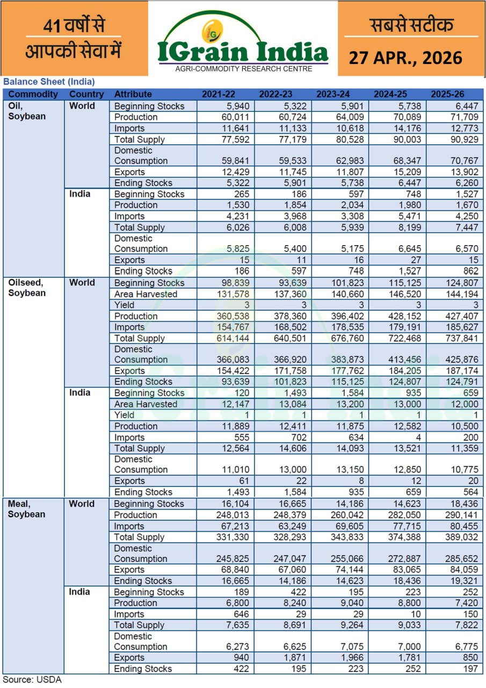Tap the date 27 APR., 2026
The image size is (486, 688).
(x=405, y=58)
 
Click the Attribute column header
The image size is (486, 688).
(x=133, y=94)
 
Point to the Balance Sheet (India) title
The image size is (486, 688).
(x=49, y=82)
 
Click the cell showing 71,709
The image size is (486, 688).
(x=463, y=117)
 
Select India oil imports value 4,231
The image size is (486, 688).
(x=236, y=216)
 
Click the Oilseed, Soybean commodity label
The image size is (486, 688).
(x=27, y=288)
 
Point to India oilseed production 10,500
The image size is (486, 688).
(x=463, y=426)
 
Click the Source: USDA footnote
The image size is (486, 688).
(x=33, y=680)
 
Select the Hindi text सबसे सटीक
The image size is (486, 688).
(x=411, y=25)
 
